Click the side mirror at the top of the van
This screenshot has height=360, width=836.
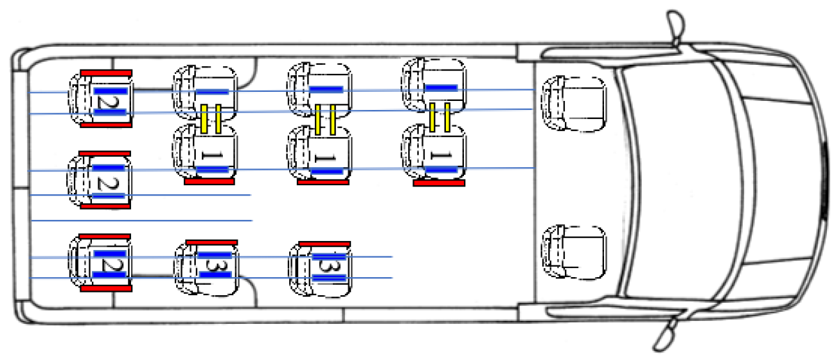click(676, 28)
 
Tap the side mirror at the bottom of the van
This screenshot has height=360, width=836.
click(667, 334)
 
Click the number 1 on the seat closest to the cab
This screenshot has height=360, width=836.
click(441, 155)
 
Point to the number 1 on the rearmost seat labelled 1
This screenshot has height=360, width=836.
click(212, 155)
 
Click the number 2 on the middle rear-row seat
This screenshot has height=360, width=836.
click(108, 182)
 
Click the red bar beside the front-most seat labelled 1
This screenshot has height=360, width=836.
click(439, 183)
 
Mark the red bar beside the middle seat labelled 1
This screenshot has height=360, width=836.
click(323, 182)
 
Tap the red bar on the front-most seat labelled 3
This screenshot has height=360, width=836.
click(325, 244)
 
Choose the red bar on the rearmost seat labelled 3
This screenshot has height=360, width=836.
click(212, 242)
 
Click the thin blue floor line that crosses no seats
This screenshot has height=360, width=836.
click(142, 221)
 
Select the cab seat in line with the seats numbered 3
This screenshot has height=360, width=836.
click(573, 252)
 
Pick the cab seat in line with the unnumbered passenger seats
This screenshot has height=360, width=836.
click(573, 103)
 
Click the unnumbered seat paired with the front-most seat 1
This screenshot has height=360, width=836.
click(433, 86)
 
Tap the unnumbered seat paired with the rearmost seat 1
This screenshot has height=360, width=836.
click(205, 93)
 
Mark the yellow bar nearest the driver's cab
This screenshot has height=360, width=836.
click(447, 117)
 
